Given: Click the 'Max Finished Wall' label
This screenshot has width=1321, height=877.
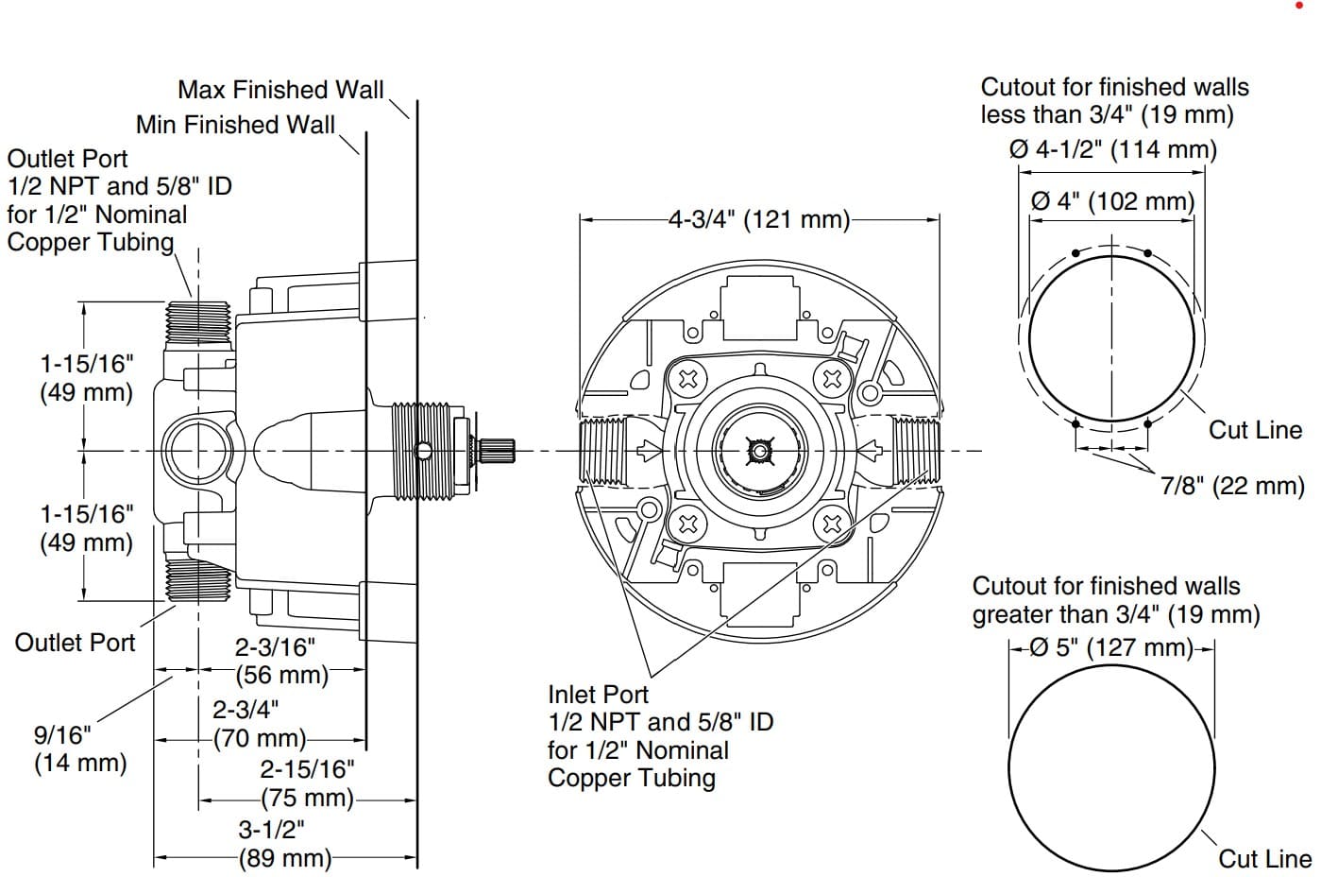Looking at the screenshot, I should (280, 90).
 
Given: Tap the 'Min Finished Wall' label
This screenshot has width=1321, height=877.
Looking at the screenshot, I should (235, 125).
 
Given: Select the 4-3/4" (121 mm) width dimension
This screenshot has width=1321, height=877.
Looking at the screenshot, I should (759, 220).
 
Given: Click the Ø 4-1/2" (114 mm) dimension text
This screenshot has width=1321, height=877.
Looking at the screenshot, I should (1113, 149).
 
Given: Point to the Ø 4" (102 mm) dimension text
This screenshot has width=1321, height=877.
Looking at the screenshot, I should (1112, 201).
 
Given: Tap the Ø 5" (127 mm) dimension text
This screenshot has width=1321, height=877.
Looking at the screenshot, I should (1111, 648).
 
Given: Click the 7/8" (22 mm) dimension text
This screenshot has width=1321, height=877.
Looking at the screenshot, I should (1232, 486).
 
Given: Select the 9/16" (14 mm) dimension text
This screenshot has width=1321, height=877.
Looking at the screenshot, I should (79, 748).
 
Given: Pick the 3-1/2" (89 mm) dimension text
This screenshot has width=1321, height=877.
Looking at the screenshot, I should (284, 844).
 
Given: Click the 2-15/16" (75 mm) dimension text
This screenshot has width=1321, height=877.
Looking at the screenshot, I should (307, 783).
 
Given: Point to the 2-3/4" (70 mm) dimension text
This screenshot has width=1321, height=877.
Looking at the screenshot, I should (259, 724).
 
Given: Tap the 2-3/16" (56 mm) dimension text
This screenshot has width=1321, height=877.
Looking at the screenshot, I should (281, 661).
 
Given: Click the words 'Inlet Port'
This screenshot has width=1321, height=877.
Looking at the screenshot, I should (598, 695).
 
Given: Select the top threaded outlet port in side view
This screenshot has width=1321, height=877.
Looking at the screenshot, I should (198, 321).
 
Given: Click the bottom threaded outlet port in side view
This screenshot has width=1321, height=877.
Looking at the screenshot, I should (198, 578).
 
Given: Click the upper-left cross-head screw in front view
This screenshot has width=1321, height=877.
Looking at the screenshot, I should (688, 379).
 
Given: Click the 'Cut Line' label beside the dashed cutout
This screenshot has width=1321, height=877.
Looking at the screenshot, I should (1255, 430).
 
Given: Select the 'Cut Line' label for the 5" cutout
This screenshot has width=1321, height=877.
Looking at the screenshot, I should (1263, 859).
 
